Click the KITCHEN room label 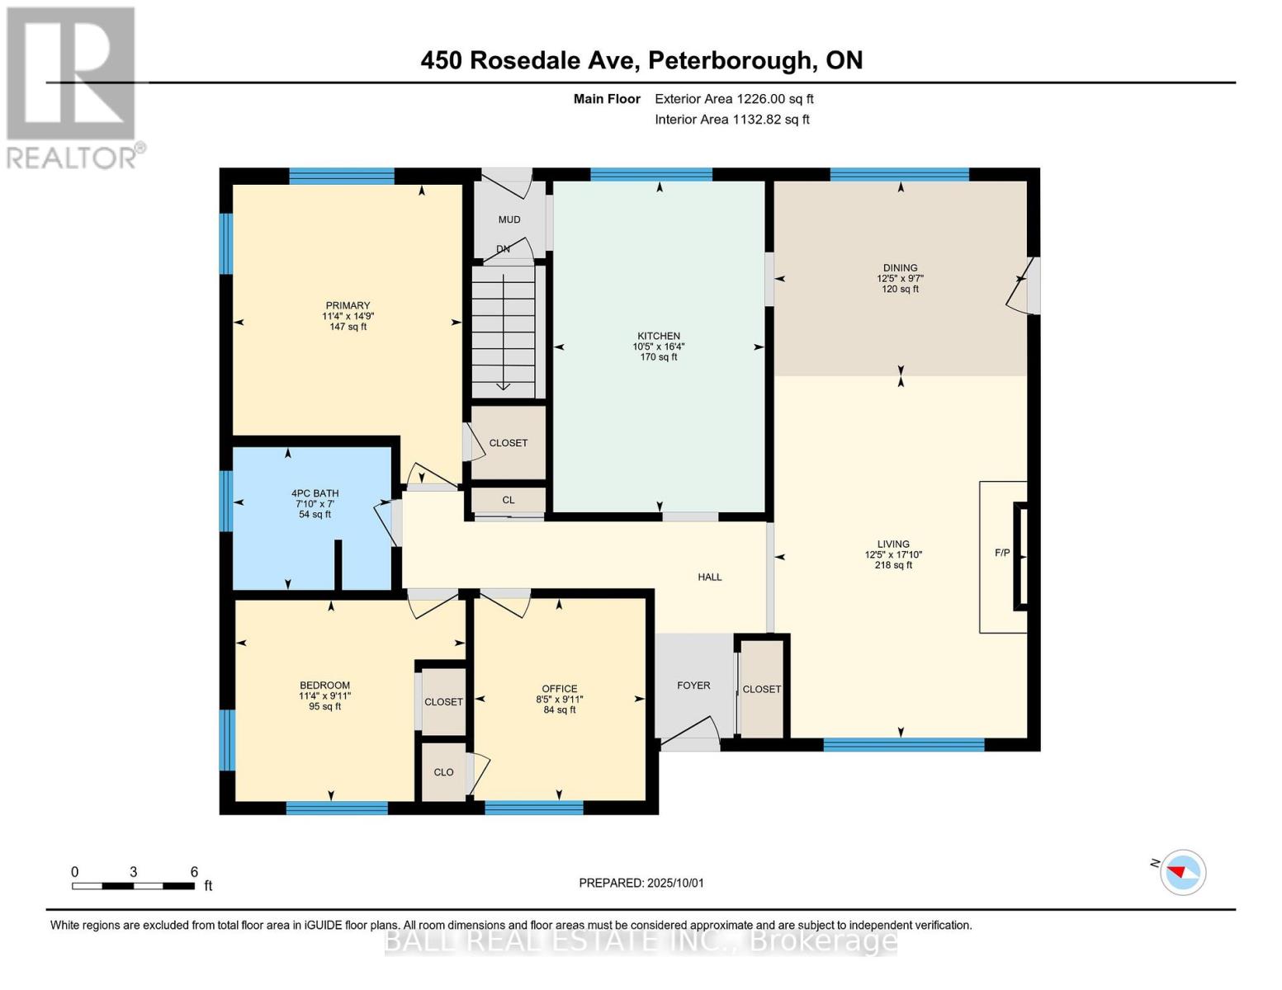658,336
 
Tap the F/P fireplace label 1001,553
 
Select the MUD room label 509,219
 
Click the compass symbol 1182,872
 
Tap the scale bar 133,886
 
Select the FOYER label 693,685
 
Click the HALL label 709,577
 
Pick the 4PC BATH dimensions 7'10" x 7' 315,504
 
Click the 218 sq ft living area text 893,566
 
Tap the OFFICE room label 559,689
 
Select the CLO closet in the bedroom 443,772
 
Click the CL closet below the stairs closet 509,500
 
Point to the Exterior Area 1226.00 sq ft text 734,99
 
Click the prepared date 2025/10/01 675,883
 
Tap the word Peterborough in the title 729,60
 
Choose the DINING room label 900,267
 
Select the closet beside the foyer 761,689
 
